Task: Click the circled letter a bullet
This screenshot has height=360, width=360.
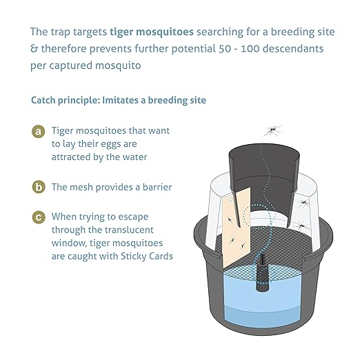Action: pyautogui.click(x=39, y=131)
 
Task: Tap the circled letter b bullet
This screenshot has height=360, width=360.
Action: pyautogui.click(x=39, y=187)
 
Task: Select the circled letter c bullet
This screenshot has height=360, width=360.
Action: pyautogui.click(x=39, y=217)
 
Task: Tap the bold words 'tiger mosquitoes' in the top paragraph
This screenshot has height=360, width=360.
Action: pyautogui.click(x=149, y=32)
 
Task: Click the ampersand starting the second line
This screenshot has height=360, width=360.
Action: pyautogui.click(x=34, y=50)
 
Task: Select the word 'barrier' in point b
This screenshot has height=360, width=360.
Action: pyautogui.click(x=156, y=187)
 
